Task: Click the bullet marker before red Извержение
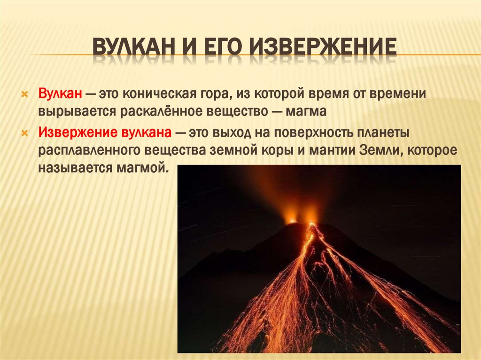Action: coord(26,133)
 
